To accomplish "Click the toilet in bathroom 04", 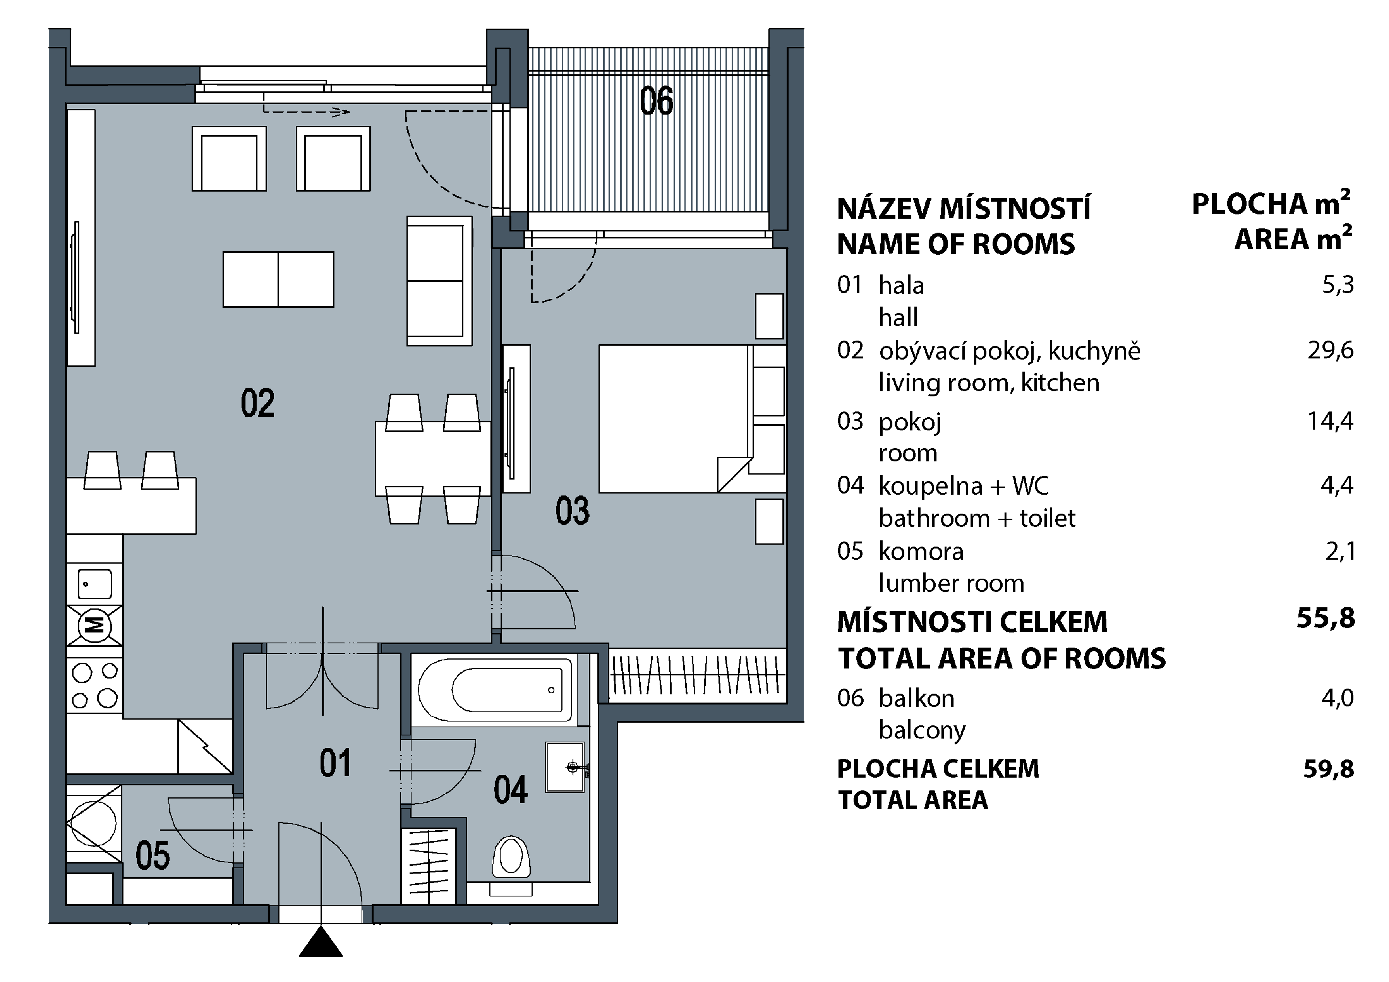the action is click(511, 865).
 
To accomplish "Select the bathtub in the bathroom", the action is click(495, 690).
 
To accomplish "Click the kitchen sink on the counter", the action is click(95, 584).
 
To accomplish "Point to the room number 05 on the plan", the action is click(152, 856).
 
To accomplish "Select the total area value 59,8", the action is click(1328, 769).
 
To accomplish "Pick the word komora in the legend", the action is click(921, 551).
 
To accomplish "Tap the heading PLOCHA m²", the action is click(1271, 204).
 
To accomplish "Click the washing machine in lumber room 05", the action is click(94, 824).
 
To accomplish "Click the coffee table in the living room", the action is click(278, 280).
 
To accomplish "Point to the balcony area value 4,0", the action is click(1338, 698).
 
